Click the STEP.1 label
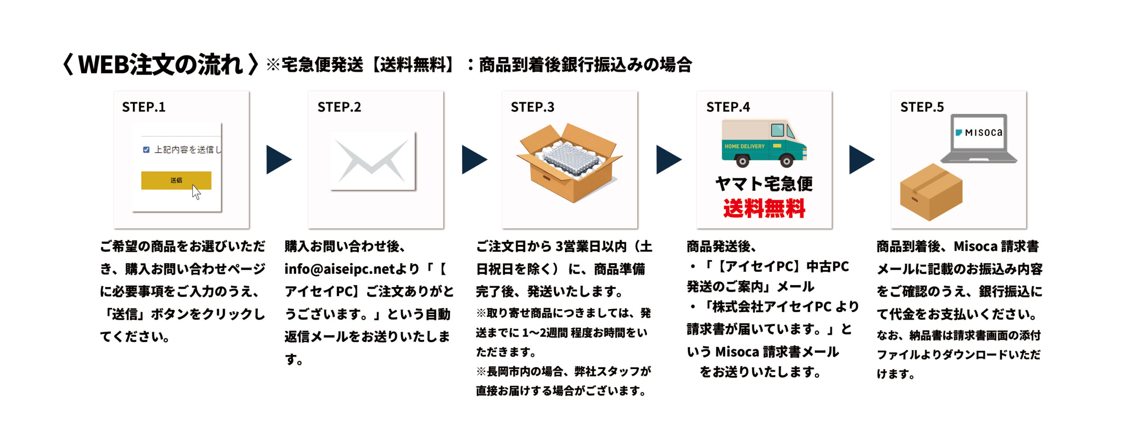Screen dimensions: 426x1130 pos(143,107)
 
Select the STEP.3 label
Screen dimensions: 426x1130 pos(532,107)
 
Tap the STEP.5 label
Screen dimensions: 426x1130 pos(922,107)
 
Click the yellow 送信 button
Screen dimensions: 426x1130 pos(176,180)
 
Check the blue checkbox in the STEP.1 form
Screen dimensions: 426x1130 pos(146,150)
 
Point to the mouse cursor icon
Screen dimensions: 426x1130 pos(196,192)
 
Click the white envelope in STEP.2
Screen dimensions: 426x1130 pos(373,161)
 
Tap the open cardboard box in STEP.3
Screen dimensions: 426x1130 pos(569,163)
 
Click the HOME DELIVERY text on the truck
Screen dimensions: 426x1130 pos(744,146)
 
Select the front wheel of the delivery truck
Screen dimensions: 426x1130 pos(786,161)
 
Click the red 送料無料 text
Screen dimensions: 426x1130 pos(764,208)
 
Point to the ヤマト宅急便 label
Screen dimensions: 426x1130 pos(764,184)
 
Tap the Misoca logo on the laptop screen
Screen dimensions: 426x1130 pos(979,132)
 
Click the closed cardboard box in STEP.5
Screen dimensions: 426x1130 pos(930,192)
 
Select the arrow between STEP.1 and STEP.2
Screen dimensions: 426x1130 pos(278,159)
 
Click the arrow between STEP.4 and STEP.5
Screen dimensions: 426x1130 pos(861,159)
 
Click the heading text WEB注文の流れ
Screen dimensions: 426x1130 pos(160,64)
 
